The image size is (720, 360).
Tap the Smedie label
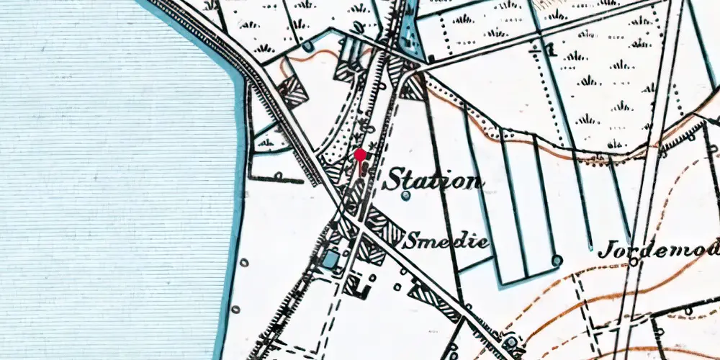tap(446, 240)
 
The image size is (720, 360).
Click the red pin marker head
tap(359, 154)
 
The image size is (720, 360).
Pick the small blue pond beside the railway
tap(331, 258)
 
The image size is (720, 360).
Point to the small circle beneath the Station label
tap(406, 195)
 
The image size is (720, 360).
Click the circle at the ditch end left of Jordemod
tap(557, 260)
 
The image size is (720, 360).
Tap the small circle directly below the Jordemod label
tap(634, 262)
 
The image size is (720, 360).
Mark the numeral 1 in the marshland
tap(551, 50)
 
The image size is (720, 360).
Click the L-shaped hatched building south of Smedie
tap(358, 287)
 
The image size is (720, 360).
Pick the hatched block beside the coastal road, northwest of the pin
tap(292, 91)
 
